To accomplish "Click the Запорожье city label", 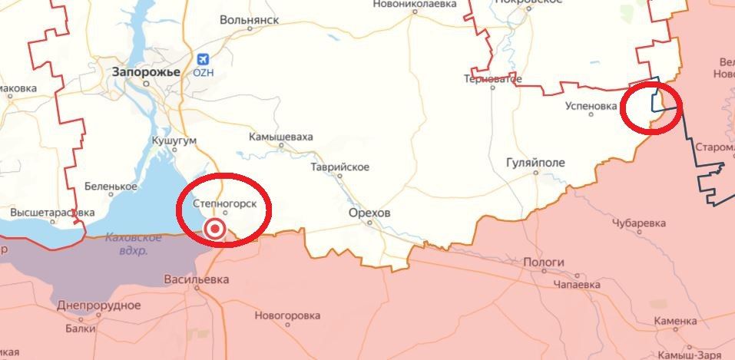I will (146, 72).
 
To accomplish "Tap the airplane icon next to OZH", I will (202, 58).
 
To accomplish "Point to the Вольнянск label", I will (249, 21).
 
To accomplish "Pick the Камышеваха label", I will (281, 137).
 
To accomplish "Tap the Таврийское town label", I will (339, 167).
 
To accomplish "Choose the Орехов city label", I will (369, 212).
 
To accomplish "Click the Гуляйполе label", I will (536, 163).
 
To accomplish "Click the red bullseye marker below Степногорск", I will (216, 228).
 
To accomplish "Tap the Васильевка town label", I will (195, 280).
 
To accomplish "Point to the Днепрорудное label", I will (99, 306).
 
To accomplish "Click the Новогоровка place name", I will (287, 315).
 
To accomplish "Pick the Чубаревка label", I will (639, 223).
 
